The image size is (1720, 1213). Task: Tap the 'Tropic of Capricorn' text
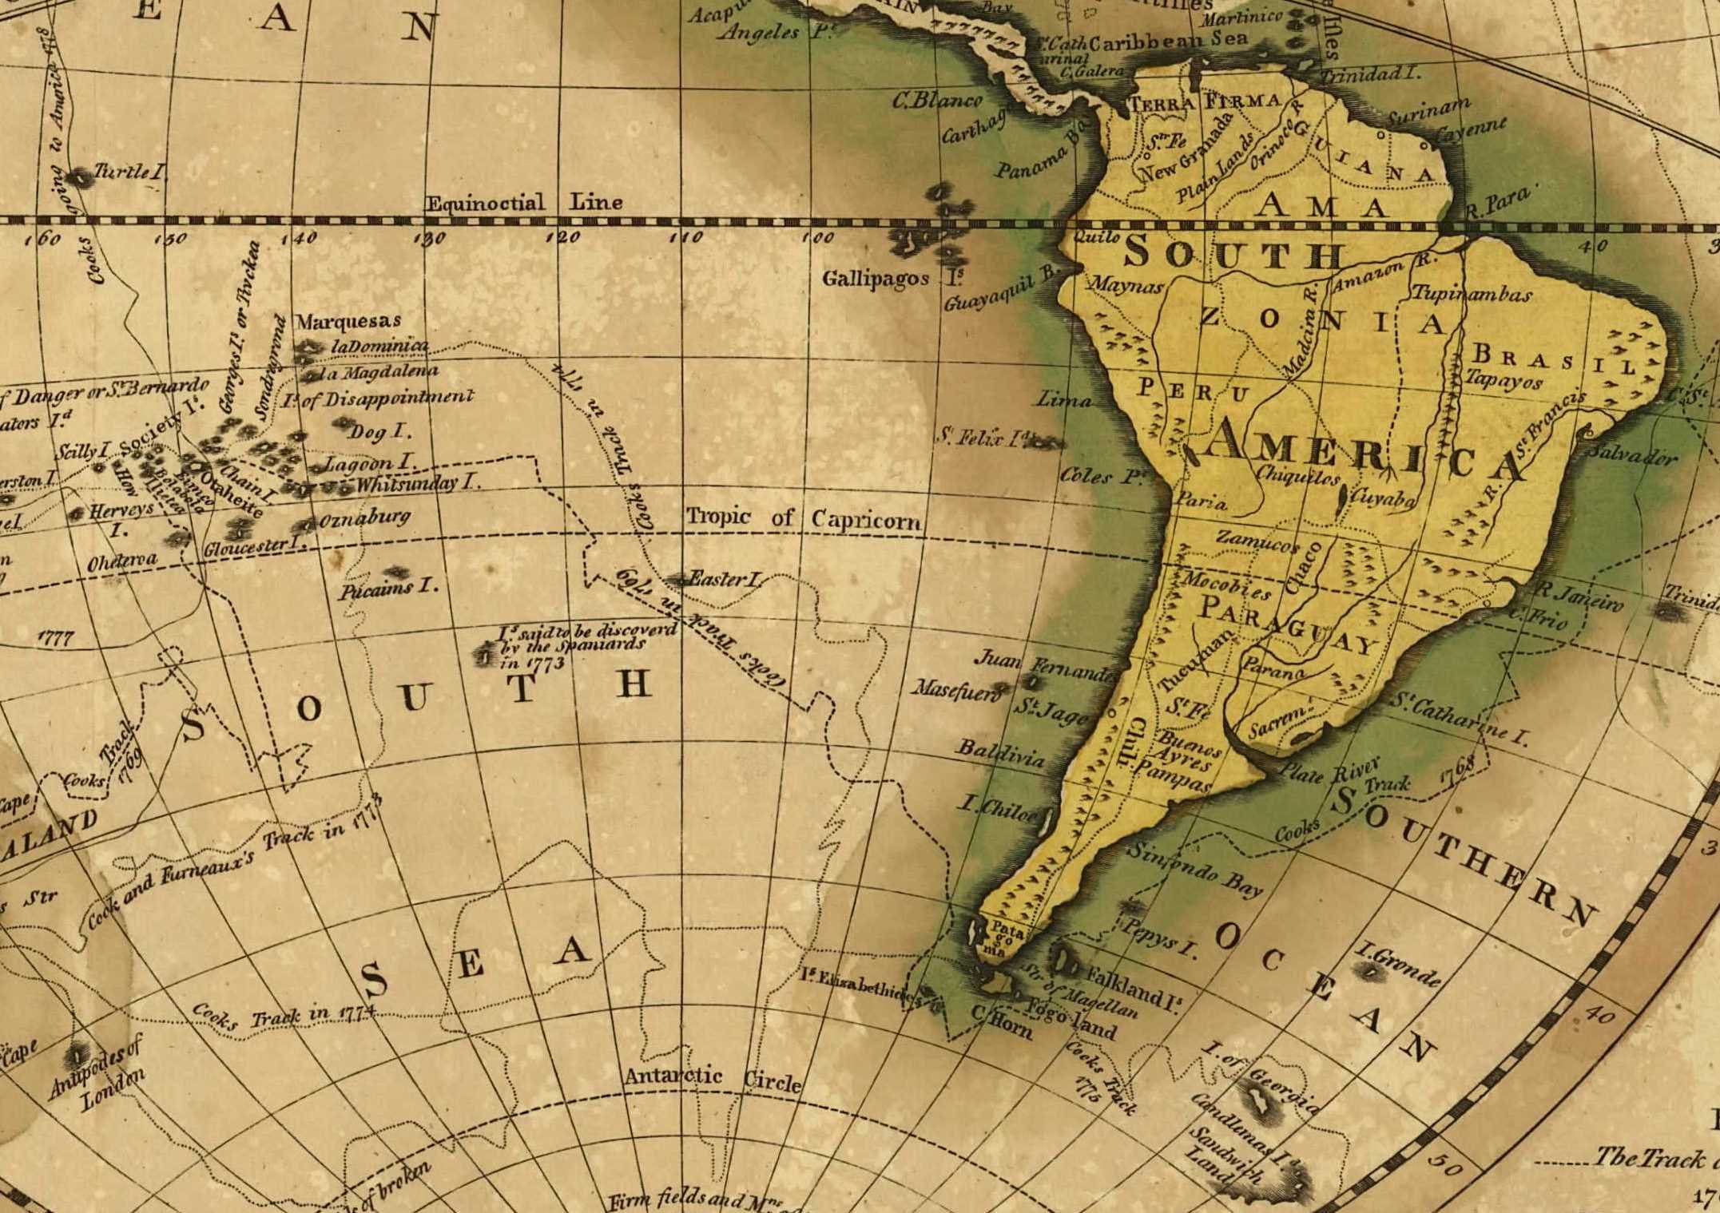click(804, 518)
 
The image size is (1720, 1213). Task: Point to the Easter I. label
click(725, 579)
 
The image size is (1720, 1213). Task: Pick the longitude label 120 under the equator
click(562, 237)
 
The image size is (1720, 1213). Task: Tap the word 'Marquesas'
click(348, 321)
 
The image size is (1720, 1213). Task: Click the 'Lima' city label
click(1063, 398)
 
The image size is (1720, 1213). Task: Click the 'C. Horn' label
click(1002, 1022)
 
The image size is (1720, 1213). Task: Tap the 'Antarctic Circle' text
click(713, 1079)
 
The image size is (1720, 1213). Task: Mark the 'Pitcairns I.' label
click(388, 589)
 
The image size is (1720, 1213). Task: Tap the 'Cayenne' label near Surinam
click(1471, 130)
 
